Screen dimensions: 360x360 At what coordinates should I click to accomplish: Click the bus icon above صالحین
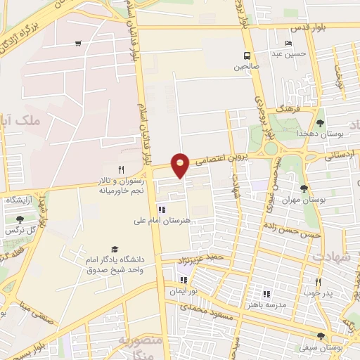tap(246, 56)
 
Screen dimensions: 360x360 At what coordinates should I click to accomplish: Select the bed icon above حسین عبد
tap(288, 43)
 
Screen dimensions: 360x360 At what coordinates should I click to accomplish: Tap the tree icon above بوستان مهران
tap(304, 188)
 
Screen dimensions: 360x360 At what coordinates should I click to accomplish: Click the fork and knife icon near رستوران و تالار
tap(120, 169)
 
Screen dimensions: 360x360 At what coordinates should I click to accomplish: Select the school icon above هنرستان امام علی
tap(162, 209)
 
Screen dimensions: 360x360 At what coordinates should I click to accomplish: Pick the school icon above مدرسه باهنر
tap(266, 294)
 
